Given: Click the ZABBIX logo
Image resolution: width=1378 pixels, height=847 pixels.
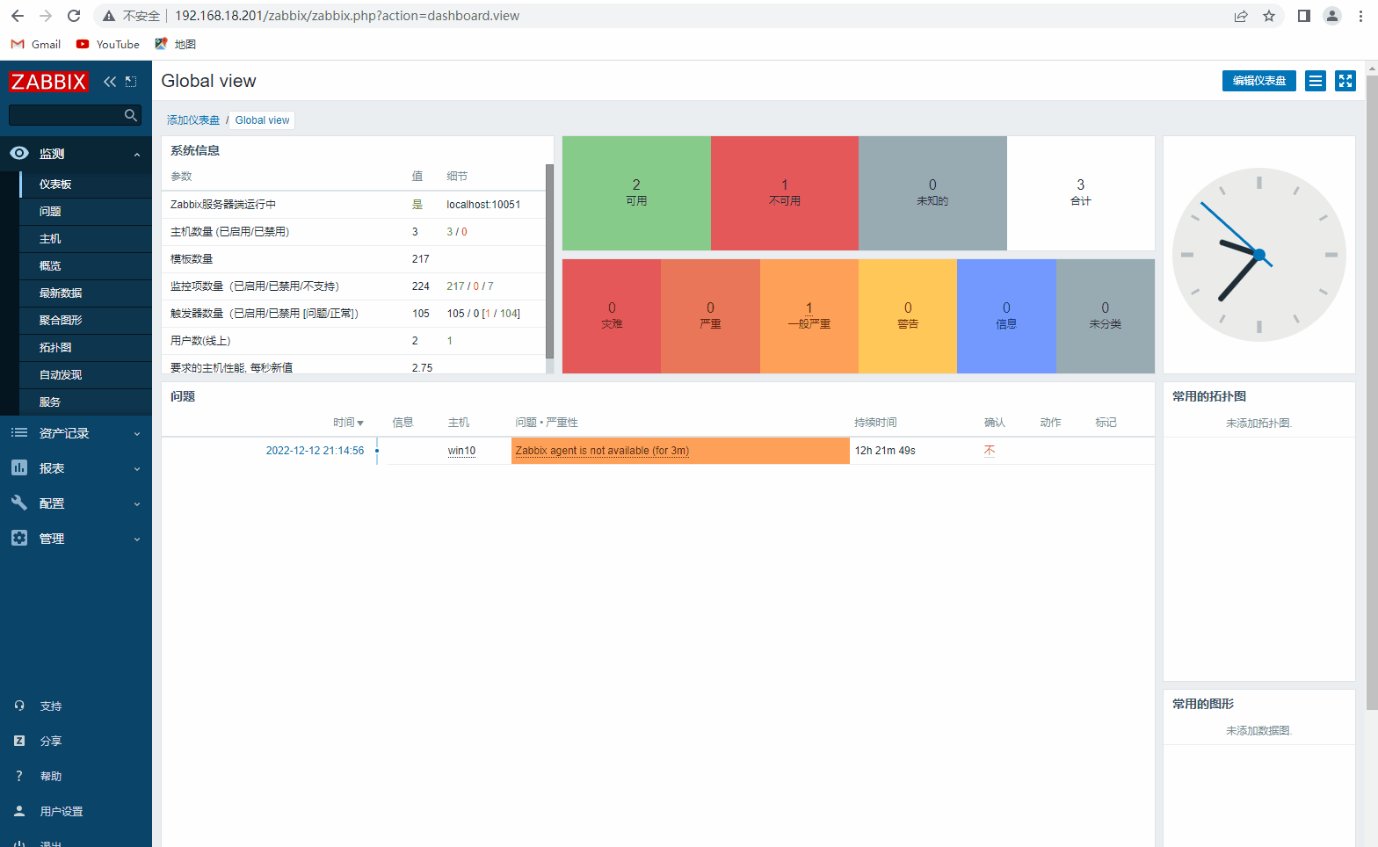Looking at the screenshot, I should pyautogui.click(x=48, y=82).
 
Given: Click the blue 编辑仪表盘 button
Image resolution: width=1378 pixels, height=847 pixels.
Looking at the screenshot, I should pyautogui.click(x=1258, y=81).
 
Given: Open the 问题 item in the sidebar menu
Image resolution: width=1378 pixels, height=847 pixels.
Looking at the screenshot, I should pyautogui.click(x=50, y=212).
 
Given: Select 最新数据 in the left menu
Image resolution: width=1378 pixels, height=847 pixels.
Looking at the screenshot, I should pyautogui.click(x=61, y=293).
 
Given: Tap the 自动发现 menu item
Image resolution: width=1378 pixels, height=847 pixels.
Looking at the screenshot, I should pyautogui.click(x=61, y=375).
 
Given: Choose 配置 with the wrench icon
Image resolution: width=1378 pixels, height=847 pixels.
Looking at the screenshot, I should pyautogui.click(x=52, y=503).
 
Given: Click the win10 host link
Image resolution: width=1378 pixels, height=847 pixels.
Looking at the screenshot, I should pyautogui.click(x=461, y=451).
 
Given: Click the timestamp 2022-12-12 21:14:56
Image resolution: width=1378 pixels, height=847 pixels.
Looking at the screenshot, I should pyautogui.click(x=315, y=451).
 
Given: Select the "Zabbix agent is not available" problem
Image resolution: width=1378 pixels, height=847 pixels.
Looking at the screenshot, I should pyautogui.click(x=602, y=451).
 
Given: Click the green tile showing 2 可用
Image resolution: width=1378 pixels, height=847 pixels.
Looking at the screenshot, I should pyautogui.click(x=636, y=193).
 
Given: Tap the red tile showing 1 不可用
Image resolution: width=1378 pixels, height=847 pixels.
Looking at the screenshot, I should pyautogui.click(x=784, y=193).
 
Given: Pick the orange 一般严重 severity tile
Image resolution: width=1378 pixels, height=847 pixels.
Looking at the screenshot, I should pyautogui.click(x=809, y=316).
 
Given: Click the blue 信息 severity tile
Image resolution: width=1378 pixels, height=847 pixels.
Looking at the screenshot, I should pyautogui.click(x=1006, y=316).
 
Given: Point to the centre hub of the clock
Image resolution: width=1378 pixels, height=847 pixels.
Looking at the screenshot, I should pyautogui.click(x=1259, y=255).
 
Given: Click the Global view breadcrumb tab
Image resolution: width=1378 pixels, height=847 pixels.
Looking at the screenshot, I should pyautogui.click(x=262, y=120).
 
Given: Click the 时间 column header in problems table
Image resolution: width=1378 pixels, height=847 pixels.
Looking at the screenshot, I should pyautogui.click(x=347, y=423).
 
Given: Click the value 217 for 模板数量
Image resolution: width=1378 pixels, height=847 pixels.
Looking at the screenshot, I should pyautogui.click(x=421, y=259).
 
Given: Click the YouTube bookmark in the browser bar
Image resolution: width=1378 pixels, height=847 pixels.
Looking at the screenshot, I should pyautogui.click(x=108, y=44).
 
